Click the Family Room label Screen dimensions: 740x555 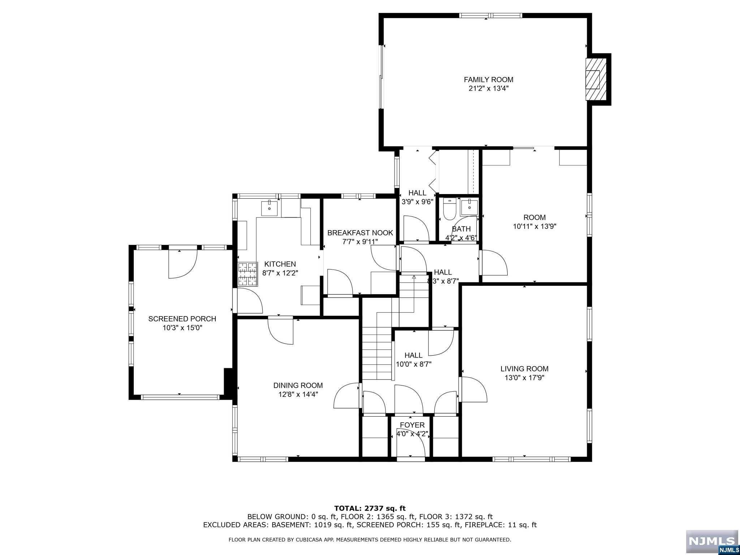[489, 79]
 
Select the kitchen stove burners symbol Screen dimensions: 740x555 [248, 274]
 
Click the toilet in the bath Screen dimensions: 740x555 [449, 209]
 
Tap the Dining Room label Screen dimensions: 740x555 [298, 386]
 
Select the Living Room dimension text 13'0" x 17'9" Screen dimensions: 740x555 [524, 378]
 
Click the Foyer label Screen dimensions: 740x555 [412, 425]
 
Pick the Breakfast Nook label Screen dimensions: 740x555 [360, 233]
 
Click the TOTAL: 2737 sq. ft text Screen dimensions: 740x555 [370, 509]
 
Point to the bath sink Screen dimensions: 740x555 [469, 207]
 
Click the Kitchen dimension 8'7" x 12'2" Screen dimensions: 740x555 [280, 273]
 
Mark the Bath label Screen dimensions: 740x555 [461, 229]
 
